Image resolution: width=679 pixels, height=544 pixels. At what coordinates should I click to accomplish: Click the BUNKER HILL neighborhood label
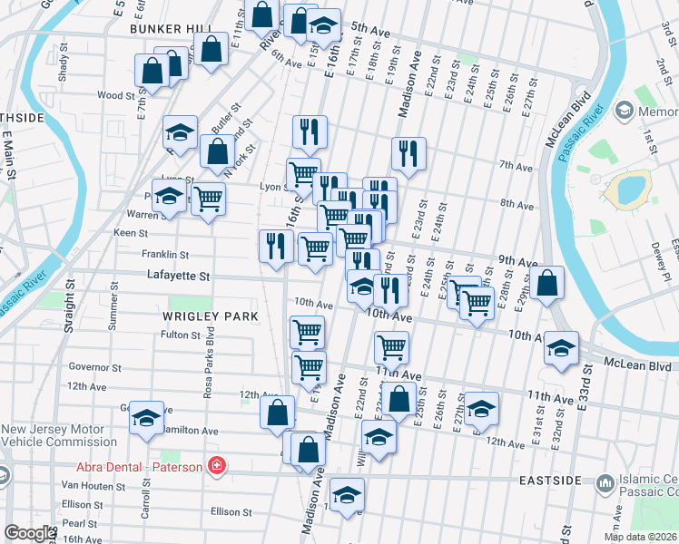pyautogui.click(x=171, y=29)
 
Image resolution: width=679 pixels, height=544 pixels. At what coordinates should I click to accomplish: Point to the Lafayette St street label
pyautogui.click(x=179, y=276)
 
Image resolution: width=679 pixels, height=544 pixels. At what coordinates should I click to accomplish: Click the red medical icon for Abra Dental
pyautogui.click(x=216, y=466)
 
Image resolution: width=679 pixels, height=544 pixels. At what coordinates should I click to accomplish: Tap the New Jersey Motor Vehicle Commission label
pyautogui.click(x=58, y=435)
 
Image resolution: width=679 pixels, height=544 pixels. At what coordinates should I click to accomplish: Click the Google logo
pyautogui.click(x=30, y=533)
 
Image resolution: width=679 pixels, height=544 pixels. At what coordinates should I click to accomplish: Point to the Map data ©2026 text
pyautogui.click(x=639, y=537)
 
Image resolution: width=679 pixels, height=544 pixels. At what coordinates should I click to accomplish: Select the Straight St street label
pyautogui.click(x=69, y=307)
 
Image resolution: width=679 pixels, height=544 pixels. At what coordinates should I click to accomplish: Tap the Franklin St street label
pyautogui.click(x=164, y=255)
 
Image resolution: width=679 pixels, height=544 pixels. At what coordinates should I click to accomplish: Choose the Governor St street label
pyautogui.click(x=94, y=367)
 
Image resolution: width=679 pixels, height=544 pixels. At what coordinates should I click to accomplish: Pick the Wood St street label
pyautogui.click(x=115, y=94)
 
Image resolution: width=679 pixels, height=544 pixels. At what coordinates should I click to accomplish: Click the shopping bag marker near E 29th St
pyautogui.click(x=547, y=283)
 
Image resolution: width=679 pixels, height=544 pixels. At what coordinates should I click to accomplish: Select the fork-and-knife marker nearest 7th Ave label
pyautogui.click(x=408, y=154)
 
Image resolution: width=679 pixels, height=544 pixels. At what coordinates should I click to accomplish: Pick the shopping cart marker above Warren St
pyautogui.click(x=209, y=198)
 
